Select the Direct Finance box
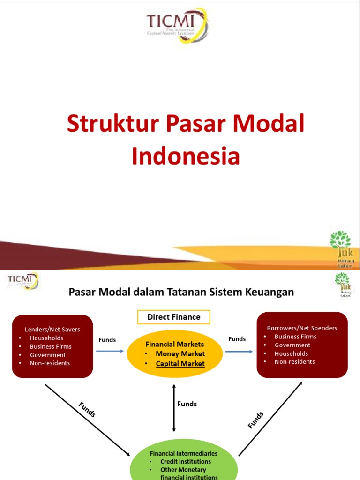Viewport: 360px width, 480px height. click(x=173, y=317)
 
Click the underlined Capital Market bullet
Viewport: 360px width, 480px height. click(x=180, y=364)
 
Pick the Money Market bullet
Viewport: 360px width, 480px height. click(x=180, y=354)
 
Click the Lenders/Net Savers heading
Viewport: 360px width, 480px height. click(x=52, y=330)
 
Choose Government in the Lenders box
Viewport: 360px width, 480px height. click(x=48, y=355)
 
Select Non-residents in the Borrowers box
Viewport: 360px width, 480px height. click(x=295, y=362)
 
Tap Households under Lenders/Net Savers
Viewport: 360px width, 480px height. click(x=46, y=338)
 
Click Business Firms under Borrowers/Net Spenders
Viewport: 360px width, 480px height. click(x=295, y=337)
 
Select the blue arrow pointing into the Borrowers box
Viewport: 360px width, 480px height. click(x=239, y=351)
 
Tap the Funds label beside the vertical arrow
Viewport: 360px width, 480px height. click(x=187, y=404)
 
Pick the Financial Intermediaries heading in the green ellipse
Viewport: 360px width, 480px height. click(x=183, y=453)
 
